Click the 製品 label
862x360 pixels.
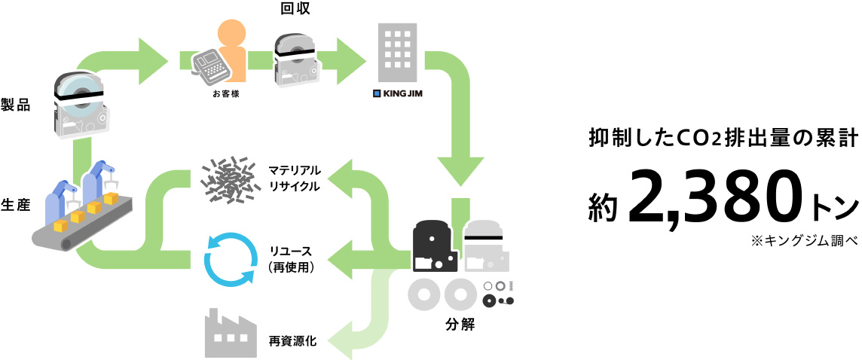click(16, 105)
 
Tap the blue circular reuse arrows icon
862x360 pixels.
click(231, 259)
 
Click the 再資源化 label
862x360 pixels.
click(292, 341)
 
